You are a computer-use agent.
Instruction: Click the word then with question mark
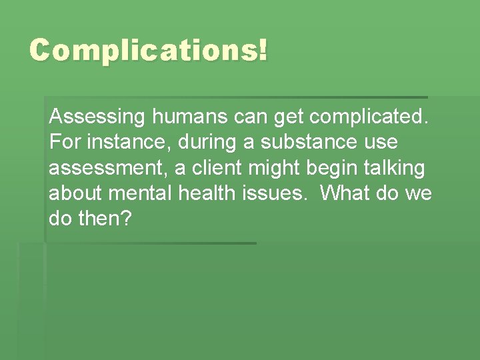pos(107,219)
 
